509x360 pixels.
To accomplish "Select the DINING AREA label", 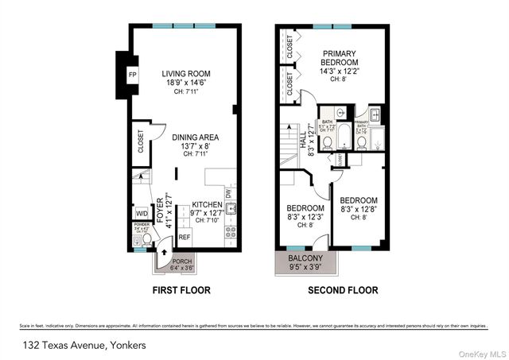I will pyautogui.click(x=196, y=137).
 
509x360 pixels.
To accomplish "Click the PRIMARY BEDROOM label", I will pyautogui.click(x=340, y=58).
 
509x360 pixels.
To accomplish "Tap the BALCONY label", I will pyautogui.click(x=306, y=258).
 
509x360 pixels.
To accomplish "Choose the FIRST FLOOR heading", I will pyautogui.click(x=181, y=290).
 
